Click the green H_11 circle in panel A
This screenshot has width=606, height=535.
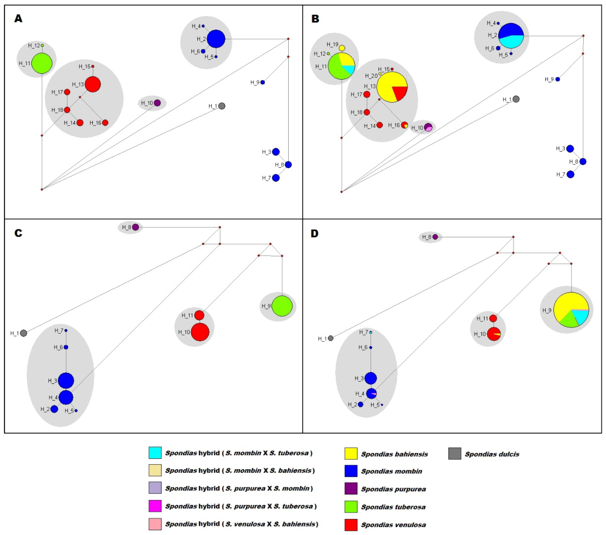coord(42,63)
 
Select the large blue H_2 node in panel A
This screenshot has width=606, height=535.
coord(216,39)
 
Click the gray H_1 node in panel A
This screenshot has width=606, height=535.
coord(221,106)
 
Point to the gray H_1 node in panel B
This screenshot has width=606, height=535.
coord(516,99)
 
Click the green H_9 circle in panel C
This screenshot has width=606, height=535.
coord(282,306)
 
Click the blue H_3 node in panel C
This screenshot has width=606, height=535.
coord(66,381)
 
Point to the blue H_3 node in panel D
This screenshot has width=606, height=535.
coord(371,378)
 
